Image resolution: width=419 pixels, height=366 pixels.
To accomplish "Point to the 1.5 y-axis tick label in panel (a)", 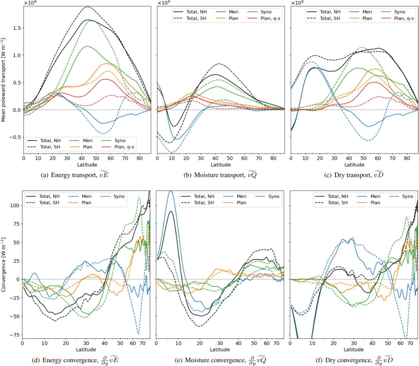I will click(x=17, y=28).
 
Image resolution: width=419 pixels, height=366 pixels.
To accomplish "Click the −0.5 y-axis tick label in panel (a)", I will click(x=15, y=137).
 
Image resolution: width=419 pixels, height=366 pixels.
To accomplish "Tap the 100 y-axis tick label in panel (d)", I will click(x=15, y=205).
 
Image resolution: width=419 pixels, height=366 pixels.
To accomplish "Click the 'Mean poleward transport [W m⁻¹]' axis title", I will click(x=3, y=80).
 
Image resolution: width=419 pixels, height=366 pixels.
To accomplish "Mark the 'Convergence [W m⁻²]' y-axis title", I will click(x=3, y=265).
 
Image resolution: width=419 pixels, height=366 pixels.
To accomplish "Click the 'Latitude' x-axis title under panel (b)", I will click(x=221, y=165).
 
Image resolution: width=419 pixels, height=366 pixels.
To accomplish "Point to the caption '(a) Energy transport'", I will click(x=75, y=175).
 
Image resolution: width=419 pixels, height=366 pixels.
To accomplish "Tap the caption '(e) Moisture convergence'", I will click(x=220, y=360).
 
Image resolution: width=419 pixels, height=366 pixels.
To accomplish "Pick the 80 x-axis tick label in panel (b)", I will click(x=273, y=158).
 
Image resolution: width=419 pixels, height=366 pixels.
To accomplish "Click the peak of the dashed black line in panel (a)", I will click(x=87, y=7).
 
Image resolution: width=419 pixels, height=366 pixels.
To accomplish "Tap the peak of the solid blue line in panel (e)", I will click(x=171, y=191).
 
